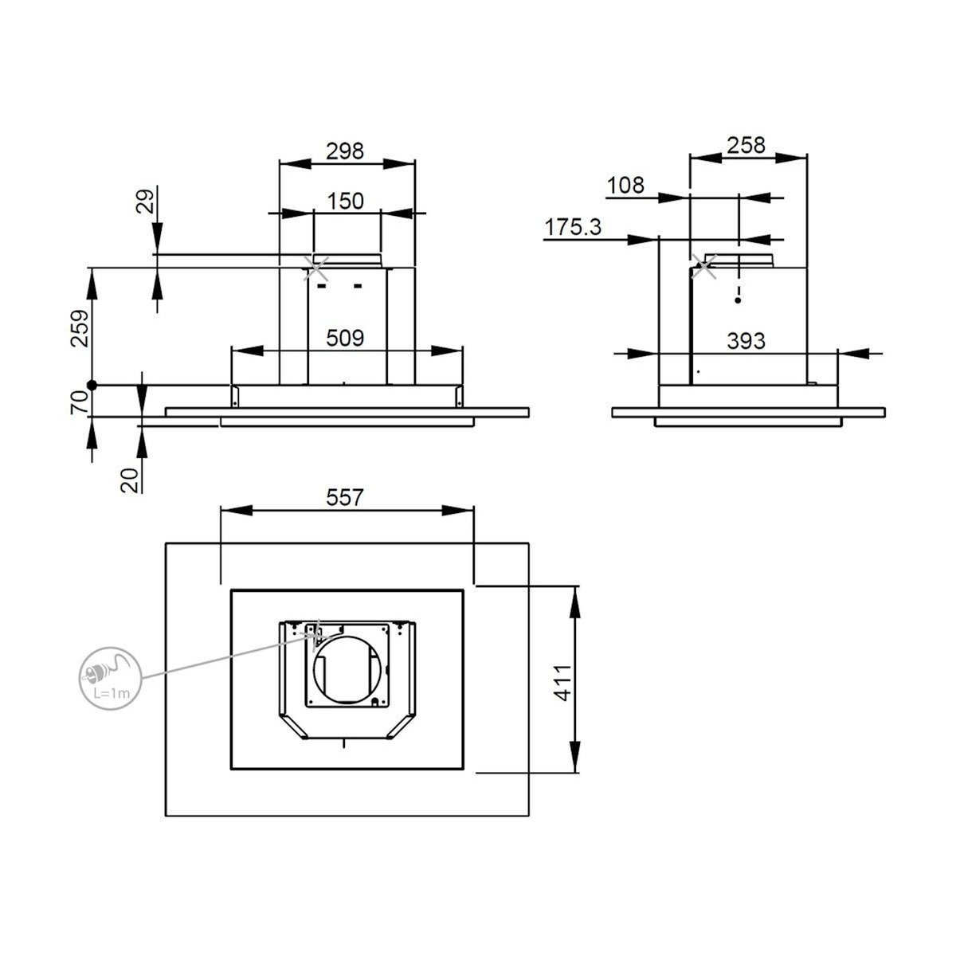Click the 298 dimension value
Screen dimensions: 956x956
pyautogui.click(x=345, y=151)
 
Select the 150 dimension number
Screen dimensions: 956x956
pyautogui.click(x=345, y=202)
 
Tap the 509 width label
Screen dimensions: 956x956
pyautogui.click(x=345, y=339)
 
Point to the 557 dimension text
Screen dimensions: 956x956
pyautogui.click(x=345, y=498)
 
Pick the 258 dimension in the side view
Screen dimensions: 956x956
pyautogui.click(x=746, y=145)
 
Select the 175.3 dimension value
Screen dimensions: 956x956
pyautogui.click(x=573, y=228)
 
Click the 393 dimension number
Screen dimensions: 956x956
pyautogui.click(x=746, y=341)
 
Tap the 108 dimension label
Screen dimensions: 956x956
pyautogui.click(x=625, y=186)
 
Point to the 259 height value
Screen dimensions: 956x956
pyautogui.click(x=80, y=328)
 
